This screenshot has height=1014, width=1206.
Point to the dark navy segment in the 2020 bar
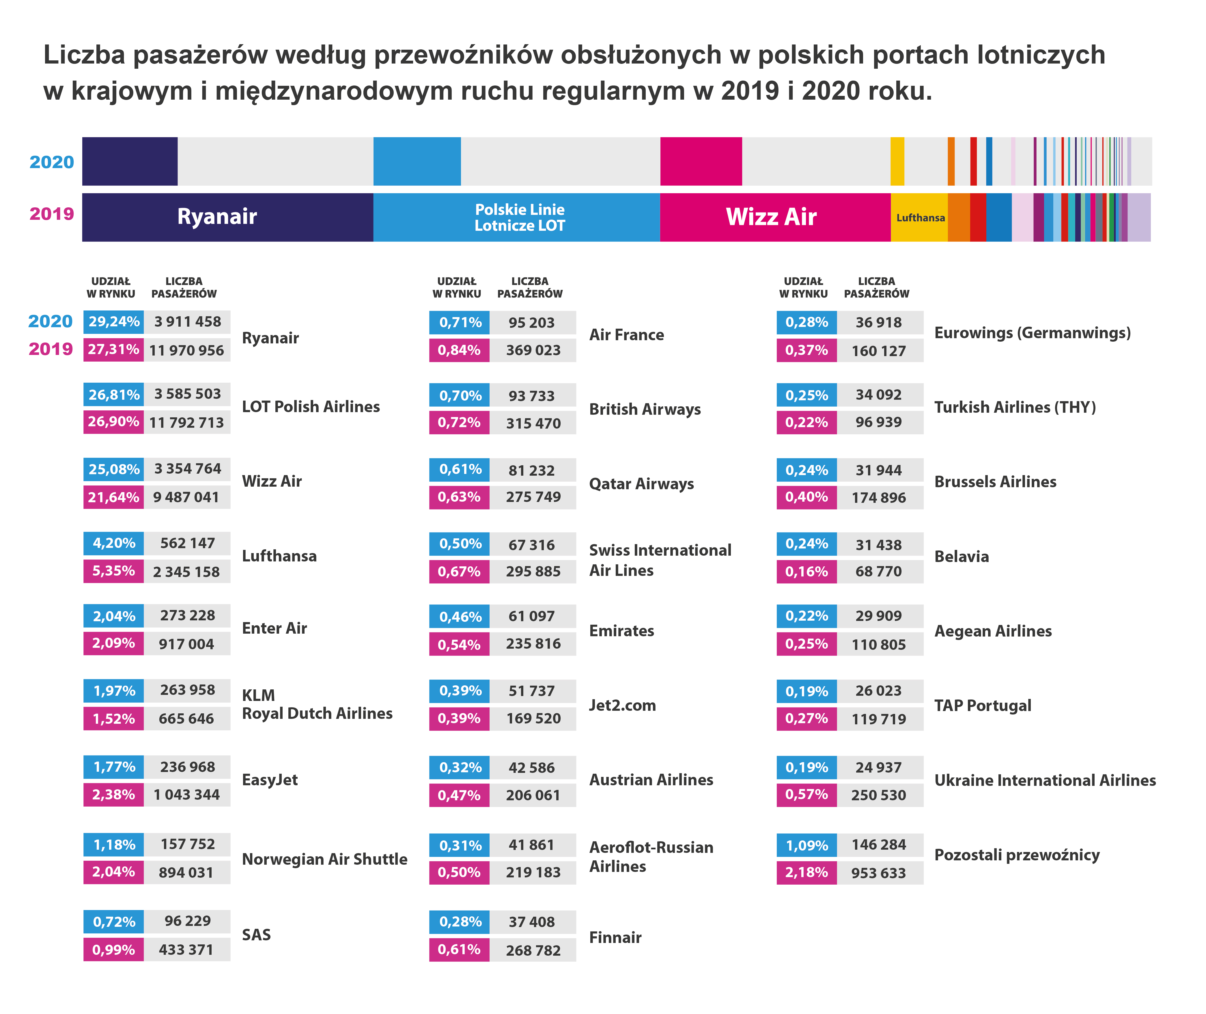(x=130, y=161)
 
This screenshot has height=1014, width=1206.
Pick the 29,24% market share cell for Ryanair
(x=114, y=322)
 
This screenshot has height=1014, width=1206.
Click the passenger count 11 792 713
(x=187, y=423)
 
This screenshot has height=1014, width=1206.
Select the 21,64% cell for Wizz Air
(x=114, y=497)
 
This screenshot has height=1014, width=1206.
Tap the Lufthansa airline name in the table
(x=279, y=556)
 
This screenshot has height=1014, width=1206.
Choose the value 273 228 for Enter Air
(x=187, y=616)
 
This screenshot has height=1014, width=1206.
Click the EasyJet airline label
(x=270, y=780)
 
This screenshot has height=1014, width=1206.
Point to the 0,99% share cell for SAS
(x=114, y=950)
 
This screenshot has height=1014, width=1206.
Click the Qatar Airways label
(x=641, y=484)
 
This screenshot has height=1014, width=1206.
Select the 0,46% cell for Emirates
(x=460, y=617)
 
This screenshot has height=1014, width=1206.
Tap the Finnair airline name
(x=615, y=937)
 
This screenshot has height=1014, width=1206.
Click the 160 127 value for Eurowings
(x=878, y=351)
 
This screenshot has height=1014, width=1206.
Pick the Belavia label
(x=961, y=557)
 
